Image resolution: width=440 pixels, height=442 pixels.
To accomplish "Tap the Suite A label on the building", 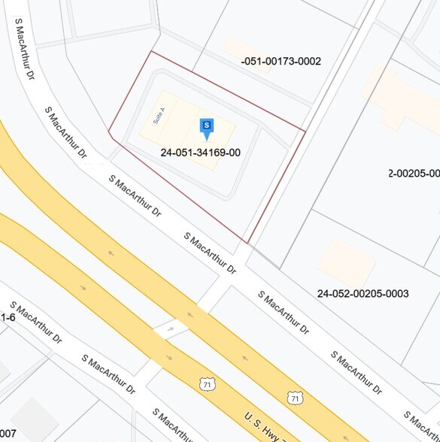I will (158, 115).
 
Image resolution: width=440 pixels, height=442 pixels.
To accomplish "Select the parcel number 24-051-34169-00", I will (200, 153).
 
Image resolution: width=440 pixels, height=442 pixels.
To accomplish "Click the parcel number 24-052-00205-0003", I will (363, 293).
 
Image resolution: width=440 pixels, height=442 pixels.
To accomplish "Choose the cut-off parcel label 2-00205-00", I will (414, 174).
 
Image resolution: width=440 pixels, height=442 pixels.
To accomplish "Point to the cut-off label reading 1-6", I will (8, 318).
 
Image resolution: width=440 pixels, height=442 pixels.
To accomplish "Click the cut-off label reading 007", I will (8, 434).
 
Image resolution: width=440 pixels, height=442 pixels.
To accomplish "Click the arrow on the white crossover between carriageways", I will (171, 328).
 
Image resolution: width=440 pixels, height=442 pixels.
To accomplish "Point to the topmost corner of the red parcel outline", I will (152, 51).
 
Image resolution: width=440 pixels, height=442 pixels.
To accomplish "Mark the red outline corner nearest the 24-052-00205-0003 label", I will (247, 244).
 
